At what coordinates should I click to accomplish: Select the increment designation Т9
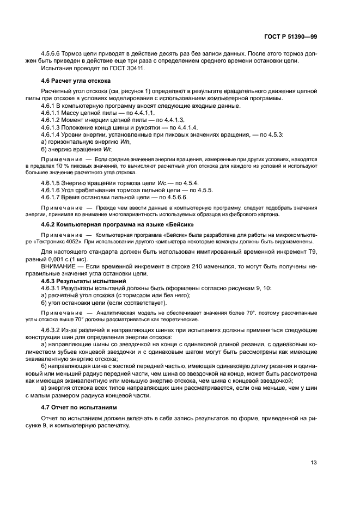(312, 252)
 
